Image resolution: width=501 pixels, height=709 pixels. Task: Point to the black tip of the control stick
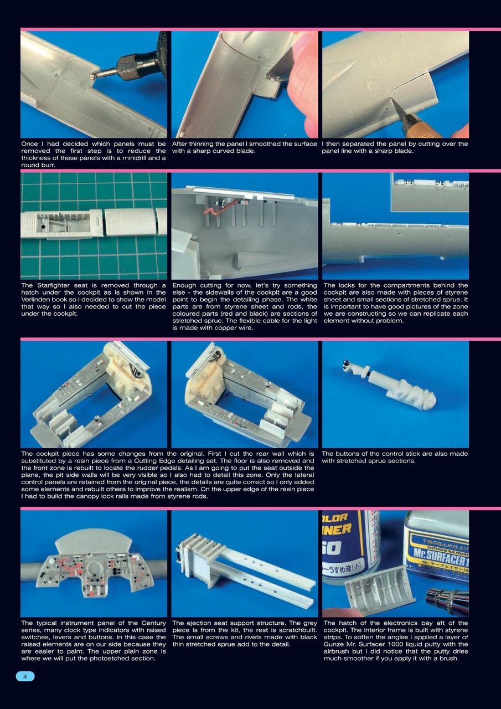click(345, 363)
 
